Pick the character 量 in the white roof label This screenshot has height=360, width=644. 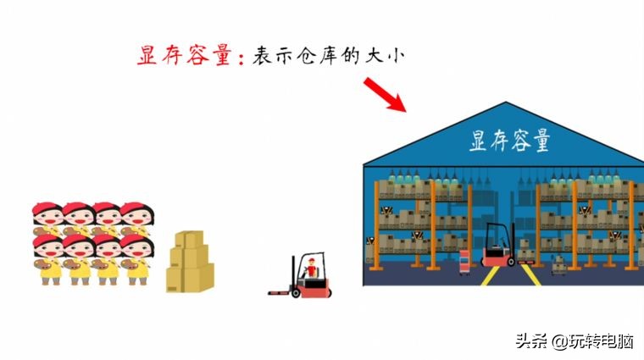538,140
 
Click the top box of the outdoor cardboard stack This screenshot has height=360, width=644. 190,240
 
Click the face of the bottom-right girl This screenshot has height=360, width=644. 136,248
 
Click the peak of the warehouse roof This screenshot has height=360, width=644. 506,104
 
